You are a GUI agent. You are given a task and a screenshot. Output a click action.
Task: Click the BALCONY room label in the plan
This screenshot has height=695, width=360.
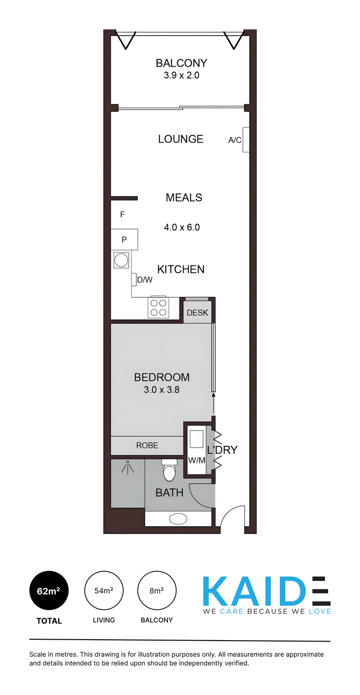pos(181,63)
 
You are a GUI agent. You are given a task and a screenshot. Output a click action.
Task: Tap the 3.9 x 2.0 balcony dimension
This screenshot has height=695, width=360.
pos(181,76)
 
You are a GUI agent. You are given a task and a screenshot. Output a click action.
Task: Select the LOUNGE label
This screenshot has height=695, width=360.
pos(180,139)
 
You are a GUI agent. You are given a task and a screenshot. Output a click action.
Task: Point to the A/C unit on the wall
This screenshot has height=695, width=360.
pos(246,140)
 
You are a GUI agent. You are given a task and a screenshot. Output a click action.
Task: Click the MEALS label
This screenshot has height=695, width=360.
pos(184,197)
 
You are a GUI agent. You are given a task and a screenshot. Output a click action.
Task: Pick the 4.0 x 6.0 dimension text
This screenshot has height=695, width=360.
pos(182,228)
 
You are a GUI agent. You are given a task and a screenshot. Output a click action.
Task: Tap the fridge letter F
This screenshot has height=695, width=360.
pos(122,215)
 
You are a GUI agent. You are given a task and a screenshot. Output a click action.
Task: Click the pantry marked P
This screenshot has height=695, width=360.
pos(125,239)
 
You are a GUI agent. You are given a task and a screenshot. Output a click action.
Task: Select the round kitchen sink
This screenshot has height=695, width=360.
pos(121,260)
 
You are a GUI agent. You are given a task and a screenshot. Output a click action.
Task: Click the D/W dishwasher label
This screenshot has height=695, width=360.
pos(144,280)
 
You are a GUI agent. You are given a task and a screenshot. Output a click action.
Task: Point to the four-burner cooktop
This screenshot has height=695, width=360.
pos(158,308)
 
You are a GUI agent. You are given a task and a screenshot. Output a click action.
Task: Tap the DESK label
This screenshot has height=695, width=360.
pos(198,313)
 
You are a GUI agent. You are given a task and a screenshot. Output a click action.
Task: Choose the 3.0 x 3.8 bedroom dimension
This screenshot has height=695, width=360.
pos(162,390)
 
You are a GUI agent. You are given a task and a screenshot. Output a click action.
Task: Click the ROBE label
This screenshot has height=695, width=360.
pos(147,445)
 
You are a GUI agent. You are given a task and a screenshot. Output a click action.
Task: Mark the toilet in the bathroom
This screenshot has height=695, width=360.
pos(170,471)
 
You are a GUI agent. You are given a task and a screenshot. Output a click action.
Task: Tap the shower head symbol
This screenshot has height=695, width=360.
pos(127,467)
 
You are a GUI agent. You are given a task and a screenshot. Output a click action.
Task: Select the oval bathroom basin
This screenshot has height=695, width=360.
pos(178,518)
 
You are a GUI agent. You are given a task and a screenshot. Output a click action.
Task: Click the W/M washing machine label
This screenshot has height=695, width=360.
pos(197,461)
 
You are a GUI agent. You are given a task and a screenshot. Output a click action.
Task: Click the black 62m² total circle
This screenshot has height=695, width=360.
pos(49,591)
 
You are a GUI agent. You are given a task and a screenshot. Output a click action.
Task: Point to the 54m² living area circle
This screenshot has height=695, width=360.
pos(103,591)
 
